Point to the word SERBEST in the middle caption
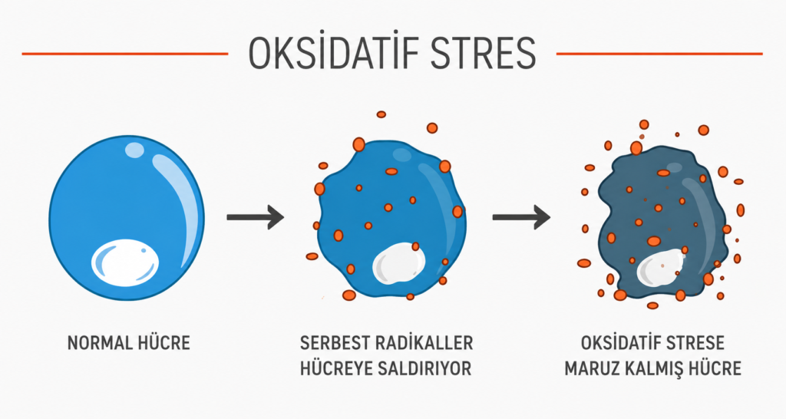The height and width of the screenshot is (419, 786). [333, 343]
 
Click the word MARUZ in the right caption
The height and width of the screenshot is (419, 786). [591, 369]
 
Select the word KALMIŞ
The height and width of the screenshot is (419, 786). [654, 369]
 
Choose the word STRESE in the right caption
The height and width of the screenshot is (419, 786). [695, 343]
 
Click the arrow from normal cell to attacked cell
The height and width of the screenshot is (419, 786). [256, 217]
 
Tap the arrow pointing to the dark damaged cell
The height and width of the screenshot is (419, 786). [521, 217]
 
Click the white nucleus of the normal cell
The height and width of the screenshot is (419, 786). [125, 261]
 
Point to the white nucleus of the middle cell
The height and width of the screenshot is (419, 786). [398, 262]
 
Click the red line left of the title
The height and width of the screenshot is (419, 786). [125, 54]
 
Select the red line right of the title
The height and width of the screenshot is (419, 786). [659, 54]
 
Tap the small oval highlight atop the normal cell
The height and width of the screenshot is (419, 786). [135, 150]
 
